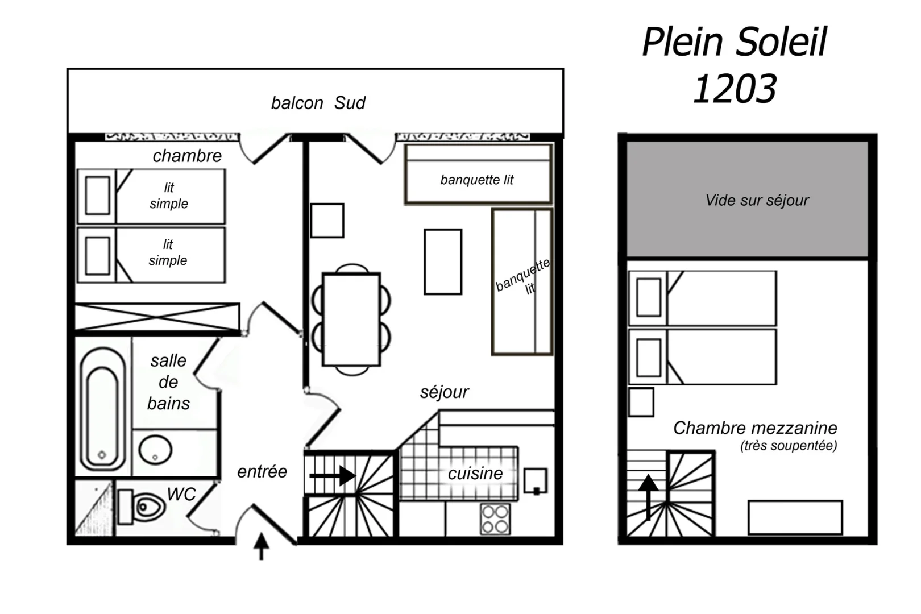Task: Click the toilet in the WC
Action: tap(142, 507)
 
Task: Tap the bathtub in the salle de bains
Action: tap(103, 409)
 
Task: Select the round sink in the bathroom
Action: tap(155, 450)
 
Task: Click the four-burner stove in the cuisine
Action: tap(495, 519)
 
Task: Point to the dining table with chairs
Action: tap(351, 320)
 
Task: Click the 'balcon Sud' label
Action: tap(318, 103)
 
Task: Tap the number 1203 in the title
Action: tap(735, 89)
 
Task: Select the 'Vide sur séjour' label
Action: tap(757, 200)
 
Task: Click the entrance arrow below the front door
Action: tap(261, 546)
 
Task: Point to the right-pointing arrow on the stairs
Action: tap(333, 476)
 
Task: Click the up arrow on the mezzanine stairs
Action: tap(649, 497)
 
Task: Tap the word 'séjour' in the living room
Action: tap(444, 392)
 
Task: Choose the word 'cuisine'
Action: tap(475, 474)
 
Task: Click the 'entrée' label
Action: tap(262, 471)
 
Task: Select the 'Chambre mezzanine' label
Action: tap(755, 428)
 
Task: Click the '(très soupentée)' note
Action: tap(789, 446)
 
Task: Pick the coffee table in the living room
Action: tap(443, 262)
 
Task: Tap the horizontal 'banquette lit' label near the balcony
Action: tap(477, 180)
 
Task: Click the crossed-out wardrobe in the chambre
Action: tap(157, 317)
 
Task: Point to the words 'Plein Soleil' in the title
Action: tap(735, 41)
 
